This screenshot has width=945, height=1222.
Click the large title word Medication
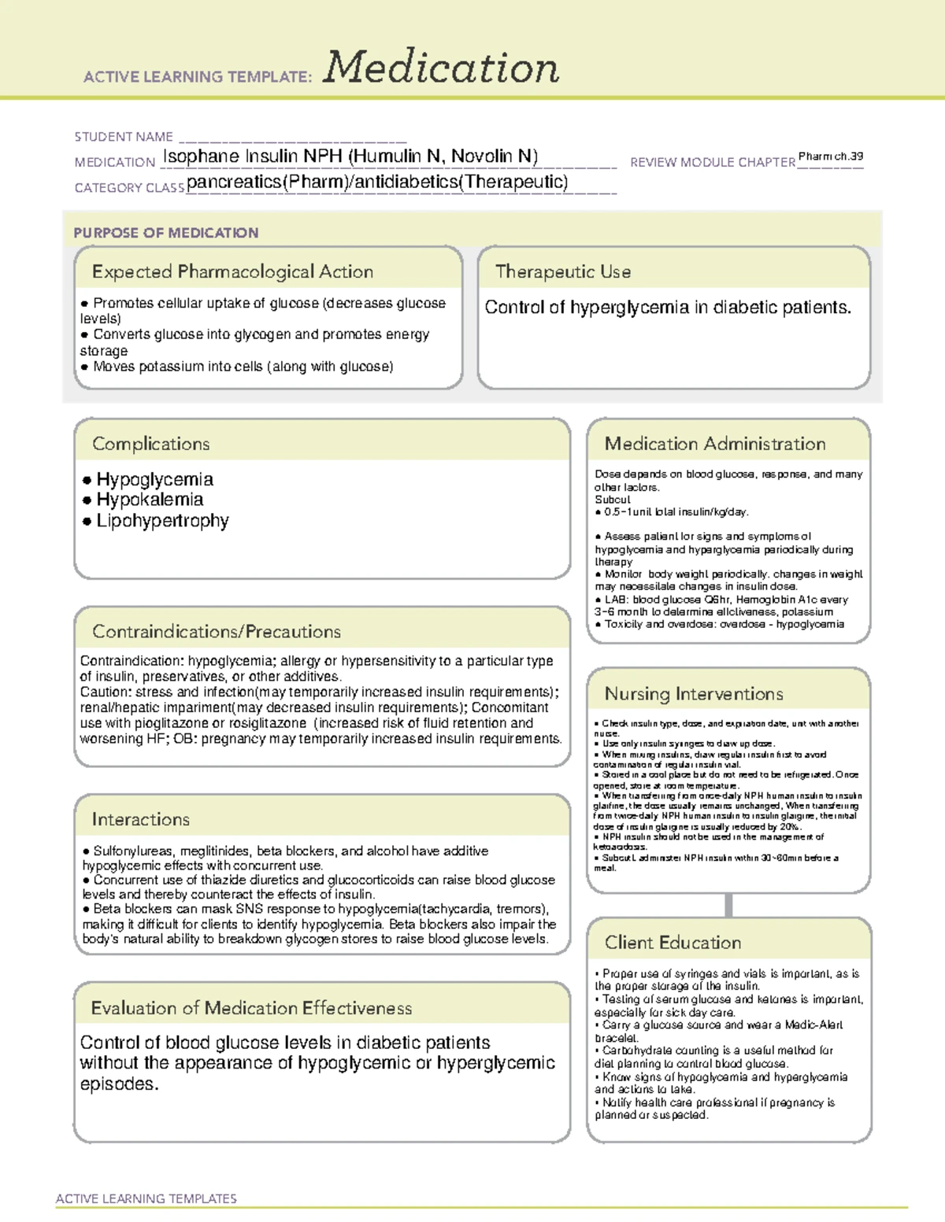coord(441,68)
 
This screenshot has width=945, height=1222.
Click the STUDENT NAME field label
coord(124,137)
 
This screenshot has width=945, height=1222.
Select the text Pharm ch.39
coord(830,157)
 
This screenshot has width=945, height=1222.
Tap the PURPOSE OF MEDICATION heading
coord(166,233)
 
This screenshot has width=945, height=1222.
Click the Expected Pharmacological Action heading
coord(232,271)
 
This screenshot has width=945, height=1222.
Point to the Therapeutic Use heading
coord(563,271)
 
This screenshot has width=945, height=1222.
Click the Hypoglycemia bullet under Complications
coord(154,479)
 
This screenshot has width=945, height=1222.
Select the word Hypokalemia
coord(150,500)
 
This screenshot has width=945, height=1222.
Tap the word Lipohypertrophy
coord(162,521)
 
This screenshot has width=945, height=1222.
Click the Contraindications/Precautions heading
coord(217,632)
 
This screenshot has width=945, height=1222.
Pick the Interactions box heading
coord(141,820)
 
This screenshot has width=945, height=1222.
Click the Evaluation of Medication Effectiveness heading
coord(251,1008)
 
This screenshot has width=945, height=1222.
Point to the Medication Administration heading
coord(715,444)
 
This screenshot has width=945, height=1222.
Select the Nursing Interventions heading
coord(694,694)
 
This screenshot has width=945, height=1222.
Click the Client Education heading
coord(673,943)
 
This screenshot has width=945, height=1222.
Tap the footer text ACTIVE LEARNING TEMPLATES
coord(146,1198)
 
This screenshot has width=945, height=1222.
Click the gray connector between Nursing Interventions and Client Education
coord(728,905)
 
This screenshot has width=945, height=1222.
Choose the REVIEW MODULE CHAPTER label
coord(713,162)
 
